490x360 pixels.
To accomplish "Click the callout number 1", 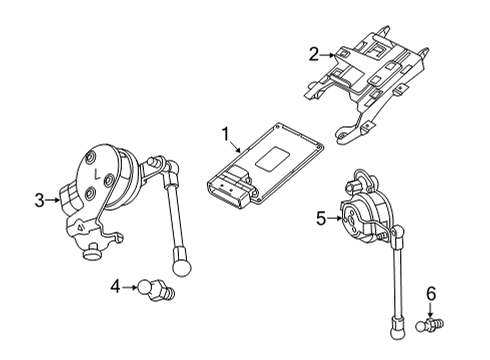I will coord(225,133).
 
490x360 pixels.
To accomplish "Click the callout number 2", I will coord(313,54).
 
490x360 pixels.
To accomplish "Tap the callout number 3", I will coord(40,201).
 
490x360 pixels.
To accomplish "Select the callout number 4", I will coord(117,287).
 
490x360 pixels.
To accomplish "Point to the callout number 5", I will coord(321,216).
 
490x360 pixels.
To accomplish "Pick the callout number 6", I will coord(431,294).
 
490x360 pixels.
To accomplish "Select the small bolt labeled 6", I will coord(432,323).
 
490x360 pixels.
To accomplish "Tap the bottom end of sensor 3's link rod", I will coord(184,267).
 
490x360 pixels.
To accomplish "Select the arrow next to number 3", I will coord(55,201).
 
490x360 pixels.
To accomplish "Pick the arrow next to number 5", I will coord(336,216).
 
